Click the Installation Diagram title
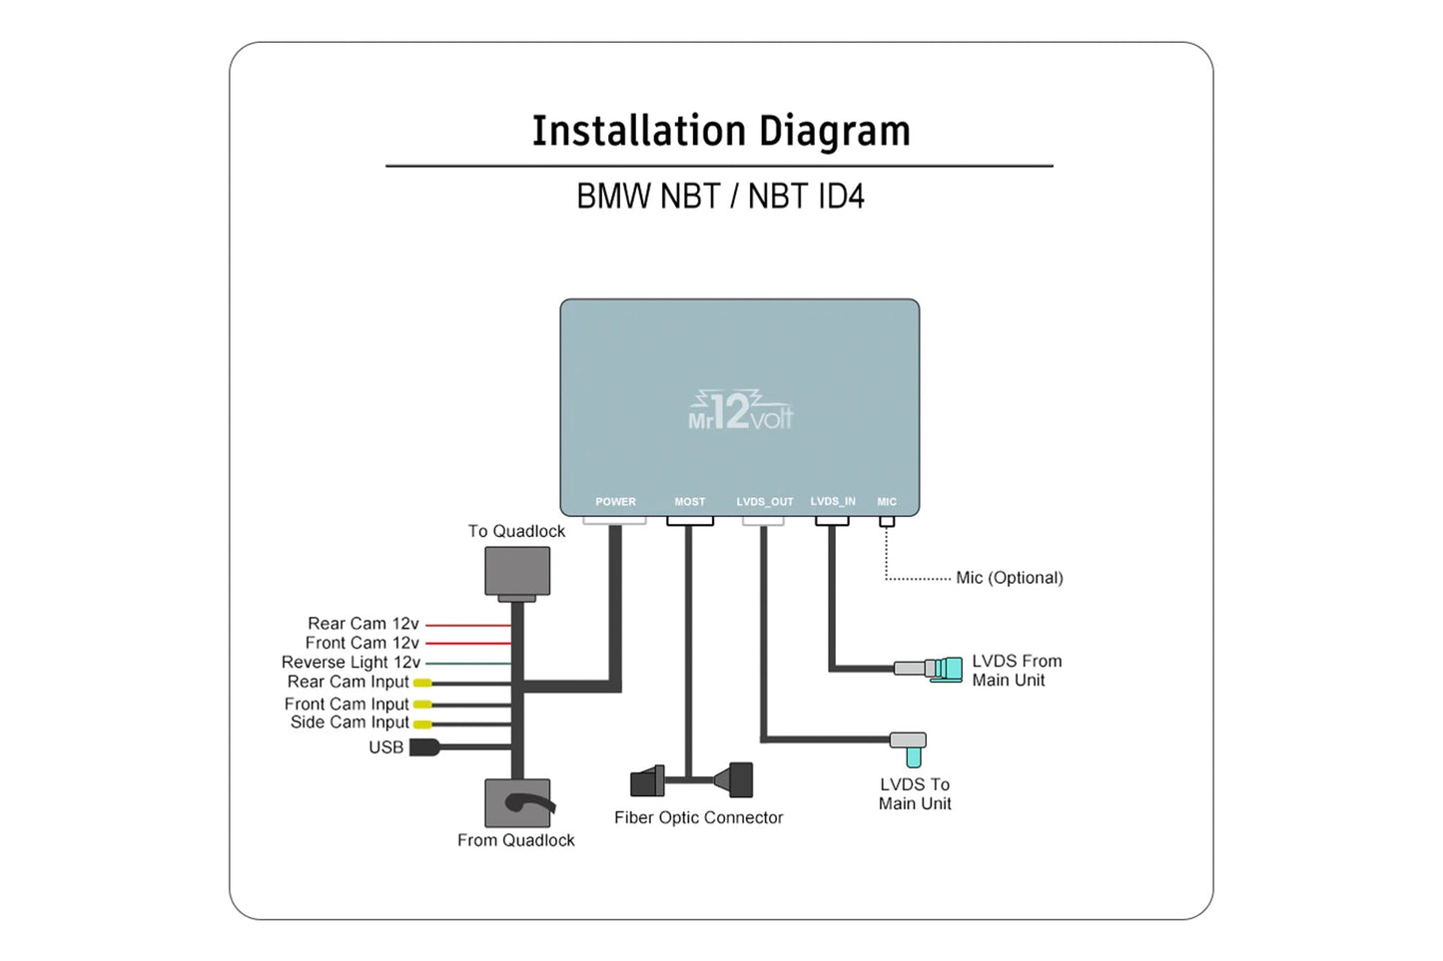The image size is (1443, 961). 720,132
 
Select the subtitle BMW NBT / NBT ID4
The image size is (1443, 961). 720,197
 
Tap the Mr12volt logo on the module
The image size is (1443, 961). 740,411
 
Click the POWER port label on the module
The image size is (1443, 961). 615,502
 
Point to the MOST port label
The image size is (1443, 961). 689,502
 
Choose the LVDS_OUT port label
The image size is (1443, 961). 765,502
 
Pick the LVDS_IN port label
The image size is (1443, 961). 833,502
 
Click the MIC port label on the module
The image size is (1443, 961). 887,502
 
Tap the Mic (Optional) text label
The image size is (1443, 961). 1009,578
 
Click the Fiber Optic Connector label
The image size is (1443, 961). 698,817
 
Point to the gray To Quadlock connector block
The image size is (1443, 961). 517,572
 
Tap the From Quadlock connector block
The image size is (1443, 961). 517,803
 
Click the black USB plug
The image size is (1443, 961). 424,747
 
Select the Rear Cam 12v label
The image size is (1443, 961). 362,624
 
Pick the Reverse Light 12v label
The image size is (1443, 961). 351,663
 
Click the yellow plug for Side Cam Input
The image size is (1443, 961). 422,723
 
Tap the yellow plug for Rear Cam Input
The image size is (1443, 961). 422,683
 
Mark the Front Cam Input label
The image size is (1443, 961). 347,704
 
